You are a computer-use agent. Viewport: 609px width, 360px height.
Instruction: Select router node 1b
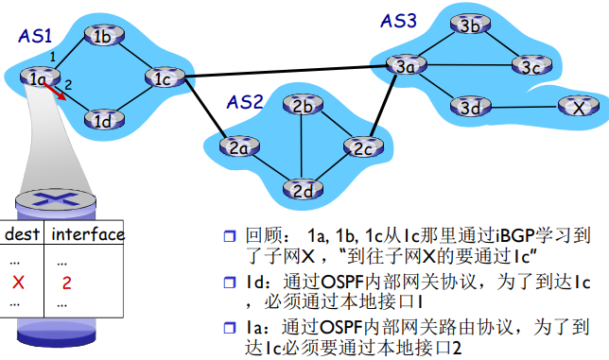103,37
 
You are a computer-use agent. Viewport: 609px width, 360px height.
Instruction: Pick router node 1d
103,120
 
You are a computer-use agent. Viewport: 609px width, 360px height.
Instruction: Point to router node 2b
303,107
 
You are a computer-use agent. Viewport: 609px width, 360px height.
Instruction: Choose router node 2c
360,148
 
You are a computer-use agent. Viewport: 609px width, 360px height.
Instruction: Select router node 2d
303,189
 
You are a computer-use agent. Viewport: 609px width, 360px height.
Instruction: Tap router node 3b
470,26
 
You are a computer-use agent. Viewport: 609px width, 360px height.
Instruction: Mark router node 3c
527,66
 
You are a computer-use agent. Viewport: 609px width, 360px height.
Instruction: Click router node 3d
470,106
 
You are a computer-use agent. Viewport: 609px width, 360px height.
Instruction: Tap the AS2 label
244,102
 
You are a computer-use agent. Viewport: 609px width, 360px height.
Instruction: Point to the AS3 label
398,19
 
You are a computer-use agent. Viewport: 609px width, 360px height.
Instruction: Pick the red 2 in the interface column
66,282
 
